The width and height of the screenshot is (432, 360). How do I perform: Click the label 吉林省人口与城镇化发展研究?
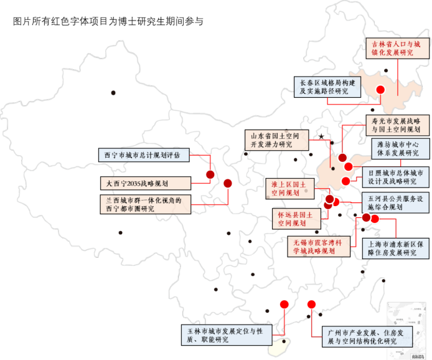coord(397,49)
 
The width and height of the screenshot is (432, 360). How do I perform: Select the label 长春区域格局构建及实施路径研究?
coord(327,87)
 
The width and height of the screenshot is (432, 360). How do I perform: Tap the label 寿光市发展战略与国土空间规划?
coord(395,125)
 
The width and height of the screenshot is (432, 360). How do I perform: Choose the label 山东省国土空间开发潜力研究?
coord(276,140)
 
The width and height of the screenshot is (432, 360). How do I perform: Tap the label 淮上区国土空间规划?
coord(290,189)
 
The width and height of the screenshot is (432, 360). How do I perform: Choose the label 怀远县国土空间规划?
coord(296,218)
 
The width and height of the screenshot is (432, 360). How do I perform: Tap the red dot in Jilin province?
coord(380,90)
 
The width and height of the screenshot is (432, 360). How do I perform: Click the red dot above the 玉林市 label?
coord(284,305)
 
